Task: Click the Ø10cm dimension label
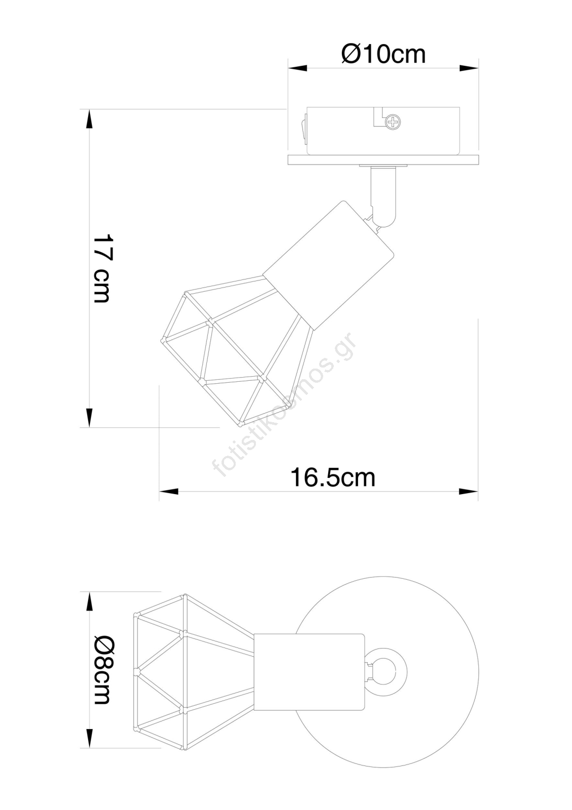coord(383,54)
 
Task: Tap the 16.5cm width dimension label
coord(333,477)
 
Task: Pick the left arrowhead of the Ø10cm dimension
coord(297,68)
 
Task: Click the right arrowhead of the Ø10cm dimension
coord(469,68)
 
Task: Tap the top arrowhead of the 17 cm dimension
coord(89,119)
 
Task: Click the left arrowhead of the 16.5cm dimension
coord(169,491)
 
